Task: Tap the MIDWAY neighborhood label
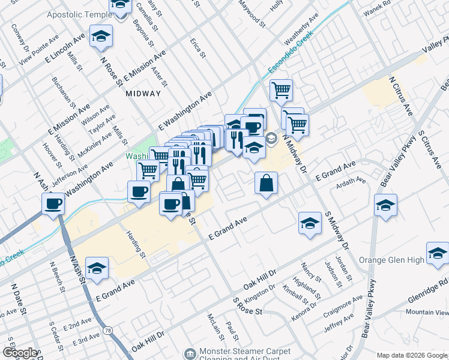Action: tap(143, 94)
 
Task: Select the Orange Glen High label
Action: tap(391, 260)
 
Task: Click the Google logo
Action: tap(20, 353)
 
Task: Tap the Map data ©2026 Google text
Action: tap(411, 355)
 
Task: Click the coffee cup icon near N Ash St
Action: tap(53, 204)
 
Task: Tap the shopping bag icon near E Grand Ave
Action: tap(266, 184)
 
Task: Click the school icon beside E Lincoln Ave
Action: tap(101, 37)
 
